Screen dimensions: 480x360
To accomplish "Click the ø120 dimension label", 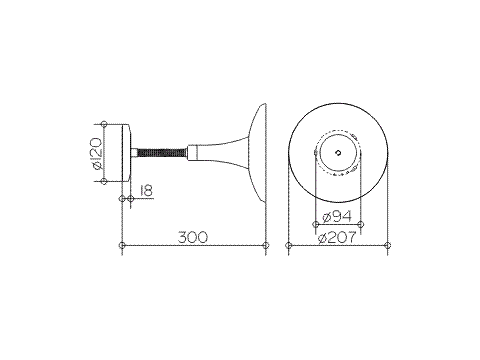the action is (x=97, y=153).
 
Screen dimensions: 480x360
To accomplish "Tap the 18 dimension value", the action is (x=146, y=191).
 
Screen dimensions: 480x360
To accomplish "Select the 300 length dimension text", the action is (x=193, y=237).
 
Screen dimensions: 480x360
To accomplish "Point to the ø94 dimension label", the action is (x=337, y=217).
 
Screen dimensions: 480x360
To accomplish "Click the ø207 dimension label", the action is (x=337, y=238).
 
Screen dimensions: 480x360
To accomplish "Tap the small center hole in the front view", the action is (x=339, y=153).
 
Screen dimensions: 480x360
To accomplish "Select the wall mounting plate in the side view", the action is (x=127, y=153).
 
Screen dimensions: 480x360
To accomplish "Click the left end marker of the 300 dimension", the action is (x=122, y=246).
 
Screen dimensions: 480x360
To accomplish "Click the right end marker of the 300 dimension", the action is (x=266, y=246).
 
